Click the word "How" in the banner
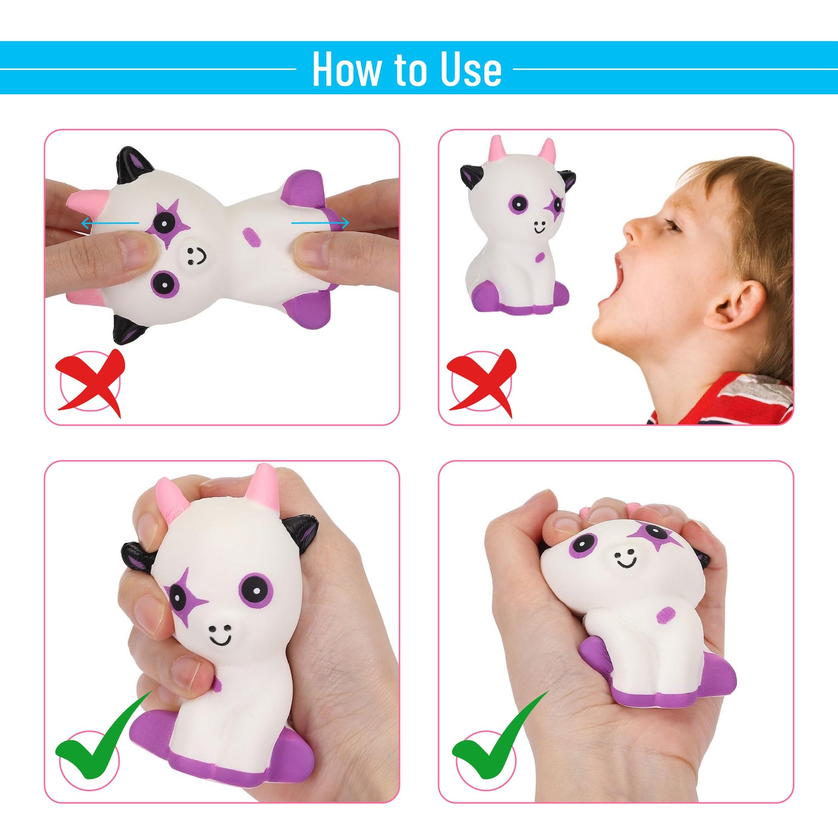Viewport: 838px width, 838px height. coord(345,68)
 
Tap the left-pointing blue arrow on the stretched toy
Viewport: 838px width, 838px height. coord(110,223)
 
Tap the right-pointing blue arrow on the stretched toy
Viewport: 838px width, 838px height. coord(320,223)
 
